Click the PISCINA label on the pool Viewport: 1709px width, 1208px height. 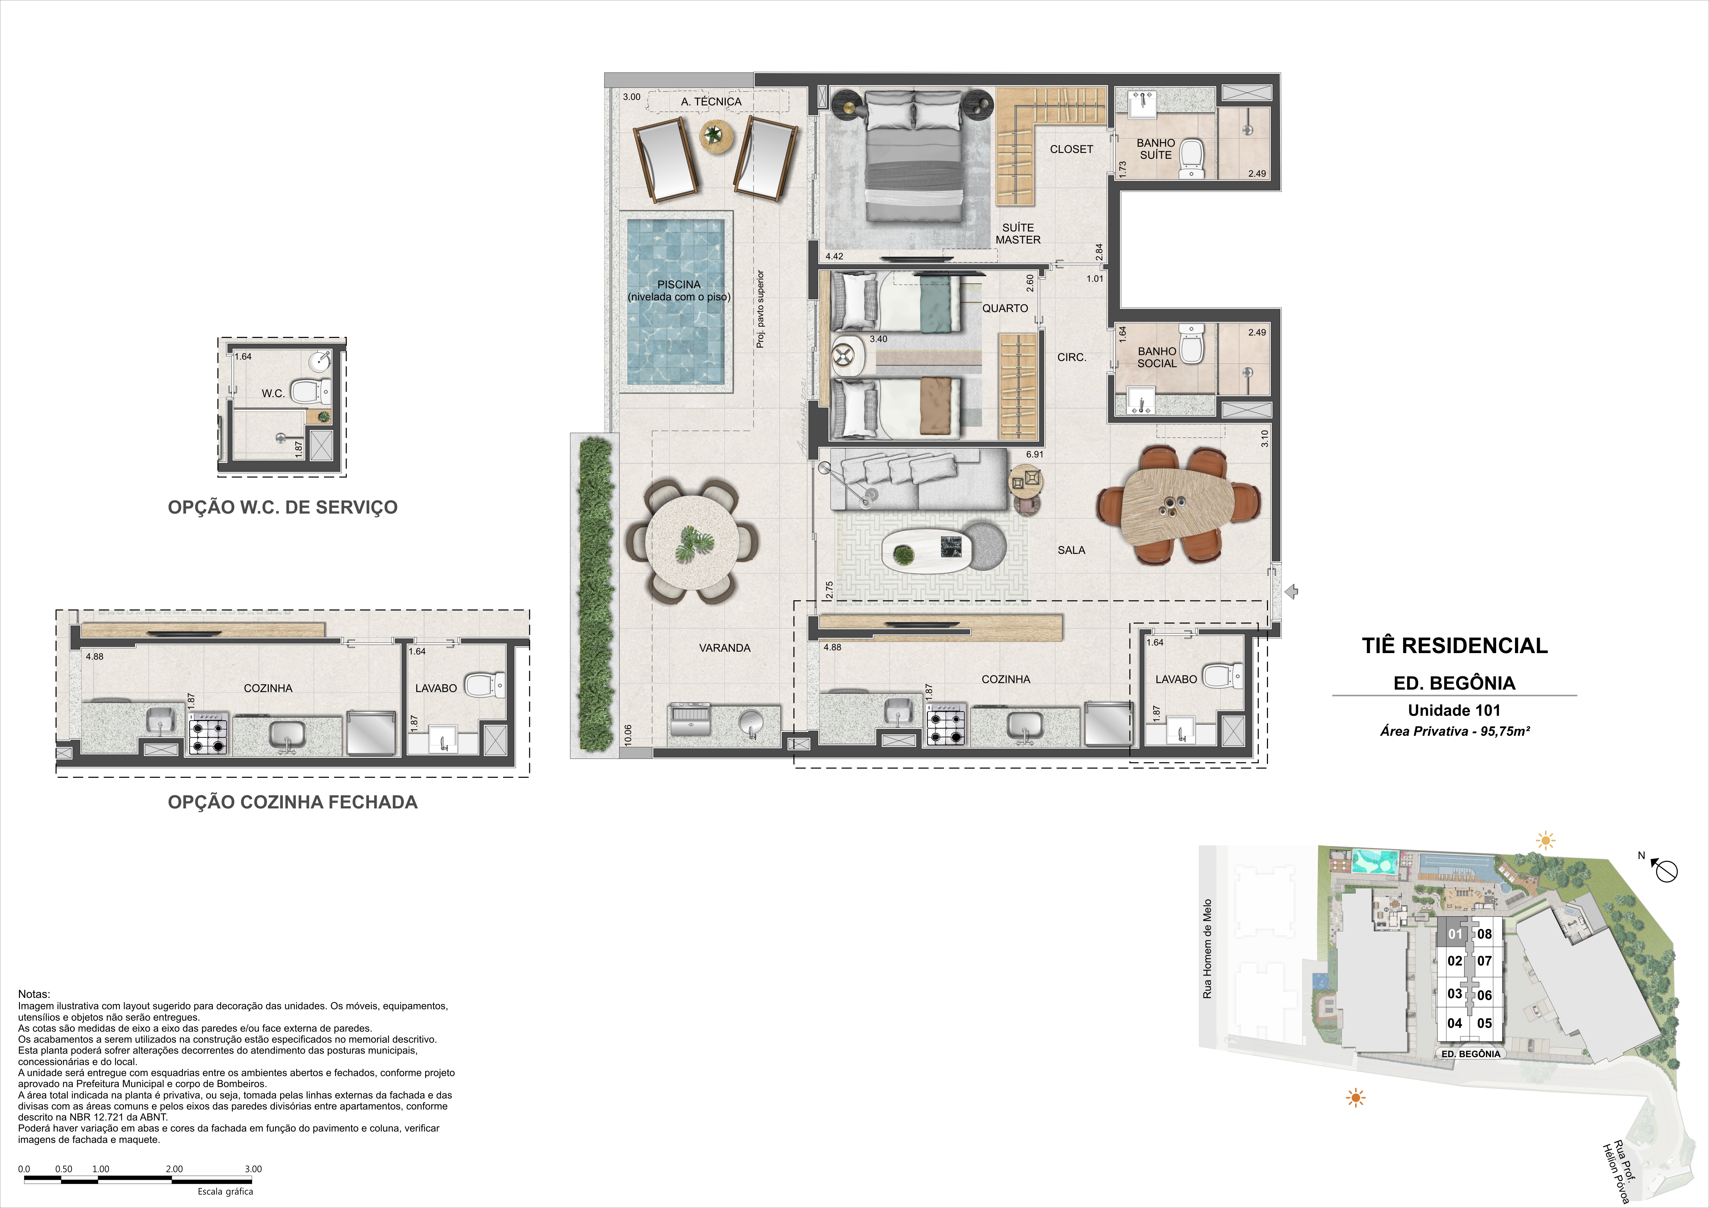[x=679, y=284]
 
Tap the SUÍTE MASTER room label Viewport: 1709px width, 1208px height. [x=1018, y=234]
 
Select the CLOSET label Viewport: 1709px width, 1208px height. [x=1071, y=149]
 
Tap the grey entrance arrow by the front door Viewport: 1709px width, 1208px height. [x=1292, y=592]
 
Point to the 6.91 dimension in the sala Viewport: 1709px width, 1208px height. [x=1035, y=454]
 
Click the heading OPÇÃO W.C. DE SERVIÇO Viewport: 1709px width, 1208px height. [x=283, y=508]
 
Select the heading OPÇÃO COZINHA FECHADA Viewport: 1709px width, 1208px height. [x=293, y=802]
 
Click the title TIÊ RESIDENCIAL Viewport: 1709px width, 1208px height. [x=1454, y=645]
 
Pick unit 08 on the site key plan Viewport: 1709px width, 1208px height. [x=1484, y=934]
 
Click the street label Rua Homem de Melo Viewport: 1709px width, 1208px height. [x=1207, y=949]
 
